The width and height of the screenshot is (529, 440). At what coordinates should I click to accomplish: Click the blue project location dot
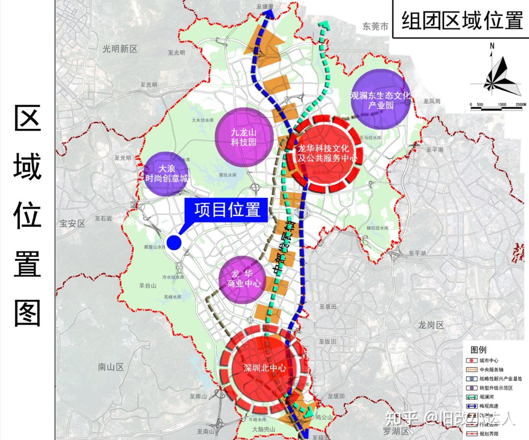point(174,243)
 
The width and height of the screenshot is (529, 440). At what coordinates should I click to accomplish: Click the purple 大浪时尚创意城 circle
point(166,174)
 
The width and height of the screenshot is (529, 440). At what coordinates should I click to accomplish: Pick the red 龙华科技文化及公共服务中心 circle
point(324,153)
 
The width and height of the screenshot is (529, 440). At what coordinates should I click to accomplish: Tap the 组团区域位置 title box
point(462,20)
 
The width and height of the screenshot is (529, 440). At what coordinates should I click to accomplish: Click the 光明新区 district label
point(120,49)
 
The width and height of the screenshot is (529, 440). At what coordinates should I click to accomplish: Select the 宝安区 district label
point(72,224)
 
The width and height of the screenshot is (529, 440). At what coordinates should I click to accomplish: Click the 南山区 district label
point(111,367)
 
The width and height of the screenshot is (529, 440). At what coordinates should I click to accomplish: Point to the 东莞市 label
point(375,26)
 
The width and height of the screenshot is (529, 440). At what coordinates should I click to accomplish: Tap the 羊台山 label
point(148,286)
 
